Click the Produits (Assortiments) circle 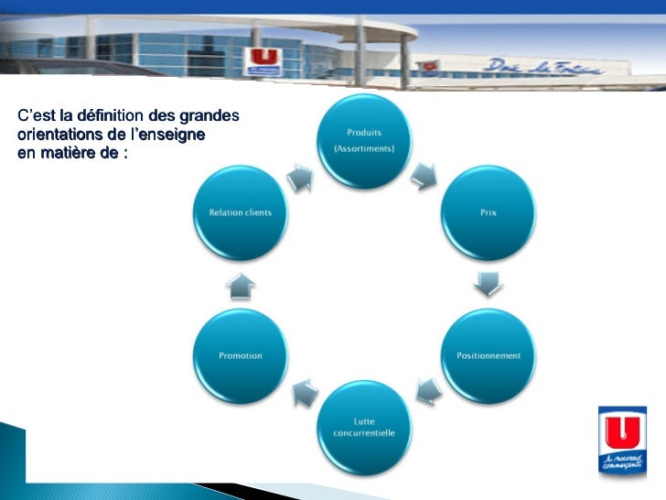(364, 141)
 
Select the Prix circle (488, 212)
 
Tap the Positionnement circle (488, 354)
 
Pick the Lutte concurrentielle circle (364, 426)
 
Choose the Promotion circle (240, 354)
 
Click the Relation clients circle (240, 212)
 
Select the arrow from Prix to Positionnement (489, 284)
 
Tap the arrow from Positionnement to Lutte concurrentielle (427, 389)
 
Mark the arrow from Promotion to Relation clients (241, 286)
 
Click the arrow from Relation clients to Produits (300, 176)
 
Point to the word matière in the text (66, 152)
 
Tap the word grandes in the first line (209, 116)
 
